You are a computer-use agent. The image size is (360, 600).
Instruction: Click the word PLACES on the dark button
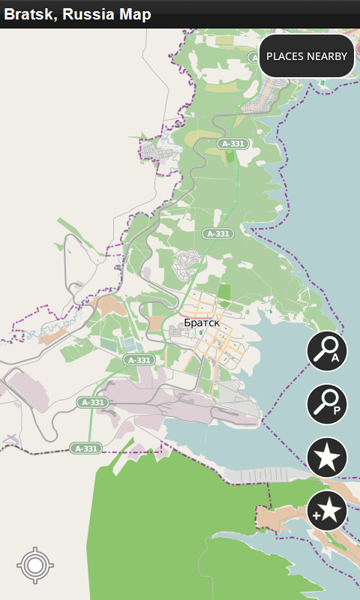tap(285, 56)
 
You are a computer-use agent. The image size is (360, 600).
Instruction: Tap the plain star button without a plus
tap(327, 457)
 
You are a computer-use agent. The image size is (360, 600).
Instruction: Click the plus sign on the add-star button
tap(317, 517)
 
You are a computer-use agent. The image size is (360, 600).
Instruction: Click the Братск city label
tap(202, 322)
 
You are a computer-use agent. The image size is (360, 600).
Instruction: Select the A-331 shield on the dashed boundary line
tap(85, 448)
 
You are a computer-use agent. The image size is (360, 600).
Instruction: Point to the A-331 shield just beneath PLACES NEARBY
tap(232, 143)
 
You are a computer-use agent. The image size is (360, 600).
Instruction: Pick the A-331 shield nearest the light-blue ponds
tap(139, 360)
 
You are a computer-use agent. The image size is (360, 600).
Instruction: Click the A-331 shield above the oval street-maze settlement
tap(217, 234)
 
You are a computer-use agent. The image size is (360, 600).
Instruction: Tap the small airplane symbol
tap(10, 439)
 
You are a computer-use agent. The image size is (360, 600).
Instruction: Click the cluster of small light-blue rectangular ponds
tap(130, 343)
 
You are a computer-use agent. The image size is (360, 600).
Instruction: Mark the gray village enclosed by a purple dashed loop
tap(160, 151)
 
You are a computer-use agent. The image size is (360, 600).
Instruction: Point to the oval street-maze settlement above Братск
tap(186, 264)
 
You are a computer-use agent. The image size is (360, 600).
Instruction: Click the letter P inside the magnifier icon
tap(337, 410)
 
